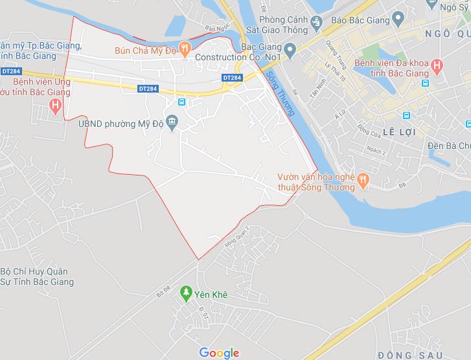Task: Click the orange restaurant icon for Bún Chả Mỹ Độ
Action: tap(185, 47)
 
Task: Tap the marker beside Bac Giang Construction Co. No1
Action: tap(290, 48)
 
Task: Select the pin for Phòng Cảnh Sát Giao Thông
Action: tap(315, 22)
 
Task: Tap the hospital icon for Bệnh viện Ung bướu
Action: tap(56, 105)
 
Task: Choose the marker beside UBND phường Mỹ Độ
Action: tap(172, 120)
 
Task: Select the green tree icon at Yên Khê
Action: tap(186, 293)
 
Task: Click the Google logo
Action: tap(219, 352)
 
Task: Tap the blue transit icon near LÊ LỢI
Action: tap(406, 116)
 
